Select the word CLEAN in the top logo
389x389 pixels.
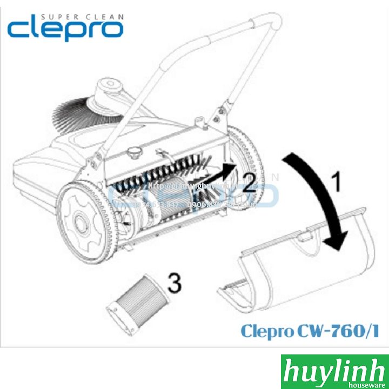tap(101, 16)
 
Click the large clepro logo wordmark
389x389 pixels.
tap(65, 30)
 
